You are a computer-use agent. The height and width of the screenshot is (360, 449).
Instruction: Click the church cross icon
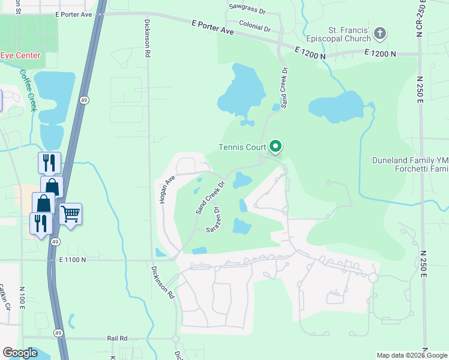(379, 34)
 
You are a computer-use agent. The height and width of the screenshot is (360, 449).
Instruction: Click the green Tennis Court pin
(276, 146)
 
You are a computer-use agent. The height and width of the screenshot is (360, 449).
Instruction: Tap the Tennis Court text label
(243, 148)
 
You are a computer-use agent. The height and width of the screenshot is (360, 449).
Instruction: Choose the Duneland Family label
(410, 160)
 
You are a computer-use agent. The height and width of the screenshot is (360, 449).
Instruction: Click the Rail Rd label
(118, 338)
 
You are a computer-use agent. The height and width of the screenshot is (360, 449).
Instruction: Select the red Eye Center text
(20, 56)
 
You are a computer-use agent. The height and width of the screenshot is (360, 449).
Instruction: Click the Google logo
(20, 353)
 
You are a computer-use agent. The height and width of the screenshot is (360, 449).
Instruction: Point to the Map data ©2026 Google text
(411, 355)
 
